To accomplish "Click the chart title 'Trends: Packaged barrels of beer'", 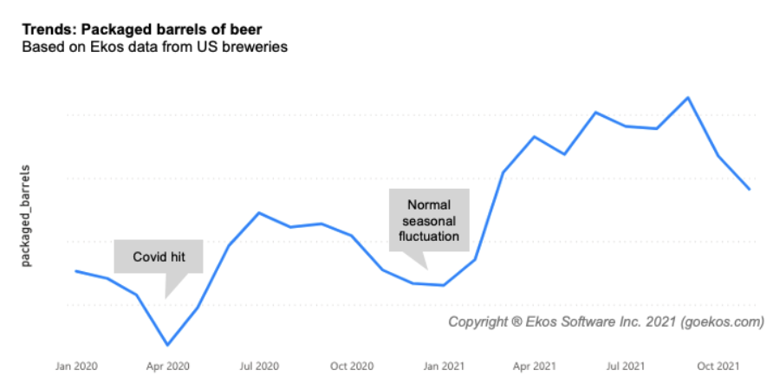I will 130,29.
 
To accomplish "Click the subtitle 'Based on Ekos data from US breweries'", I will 153,47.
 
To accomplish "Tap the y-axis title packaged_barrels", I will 26,214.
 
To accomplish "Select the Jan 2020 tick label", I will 75,367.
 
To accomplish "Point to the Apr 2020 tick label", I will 167,367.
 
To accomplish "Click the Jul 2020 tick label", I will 259,367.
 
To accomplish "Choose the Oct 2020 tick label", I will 351,367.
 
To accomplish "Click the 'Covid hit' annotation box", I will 158,256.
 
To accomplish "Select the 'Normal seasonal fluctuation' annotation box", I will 429,220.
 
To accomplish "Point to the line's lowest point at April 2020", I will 167,345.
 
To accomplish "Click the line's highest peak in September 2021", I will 688,97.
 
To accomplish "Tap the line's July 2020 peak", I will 259,212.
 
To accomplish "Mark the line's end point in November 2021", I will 750,189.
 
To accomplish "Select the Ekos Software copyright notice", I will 606,322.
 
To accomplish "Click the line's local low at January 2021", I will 444,285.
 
